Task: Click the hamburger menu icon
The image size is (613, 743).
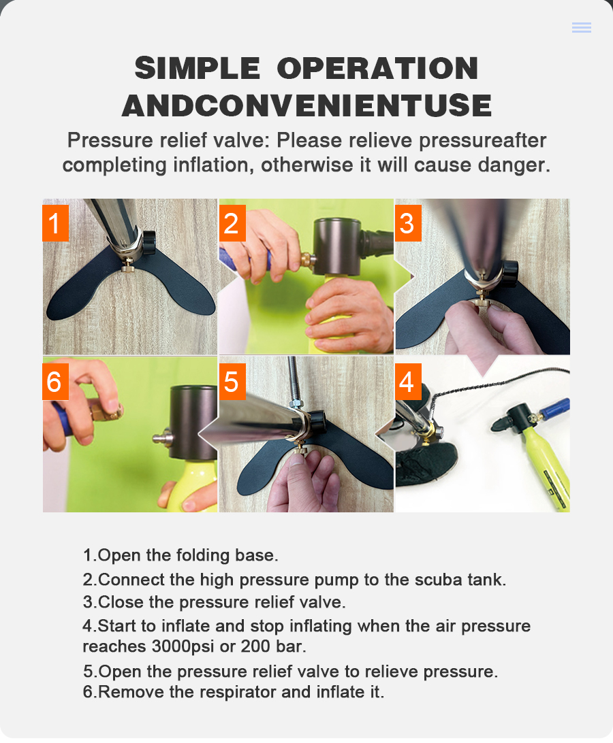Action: tap(581, 27)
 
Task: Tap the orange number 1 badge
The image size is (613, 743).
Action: tap(56, 223)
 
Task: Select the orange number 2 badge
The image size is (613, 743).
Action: tap(232, 223)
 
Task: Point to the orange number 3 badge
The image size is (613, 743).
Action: tap(408, 223)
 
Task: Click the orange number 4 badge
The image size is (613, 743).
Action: tap(408, 382)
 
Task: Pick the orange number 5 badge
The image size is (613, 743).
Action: tap(232, 382)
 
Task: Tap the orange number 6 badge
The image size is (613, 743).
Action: tap(56, 382)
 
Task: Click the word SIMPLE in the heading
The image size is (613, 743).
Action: tap(198, 68)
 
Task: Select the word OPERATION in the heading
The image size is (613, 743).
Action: tap(377, 68)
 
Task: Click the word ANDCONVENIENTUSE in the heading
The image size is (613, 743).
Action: tap(306, 105)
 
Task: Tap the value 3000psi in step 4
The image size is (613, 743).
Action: tap(183, 646)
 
